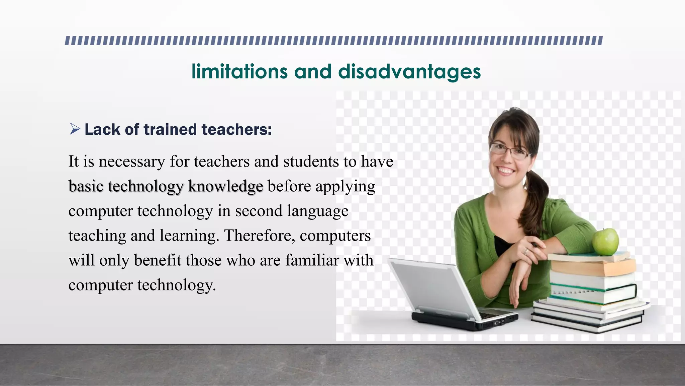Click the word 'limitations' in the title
click(x=239, y=71)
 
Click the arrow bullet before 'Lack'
click(x=75, y=129)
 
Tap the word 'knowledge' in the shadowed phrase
click(x=225, y=187)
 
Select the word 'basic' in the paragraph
click(x=86, y=186)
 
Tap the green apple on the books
click(x=605, y=241)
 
